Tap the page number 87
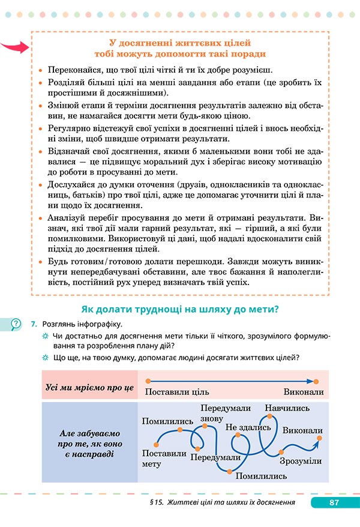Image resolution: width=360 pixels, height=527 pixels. point(335,502)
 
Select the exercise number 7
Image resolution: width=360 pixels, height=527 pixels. point(34,325)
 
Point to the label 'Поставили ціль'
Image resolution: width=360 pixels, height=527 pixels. point(177,392)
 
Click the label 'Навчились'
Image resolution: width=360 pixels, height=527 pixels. point(287,408)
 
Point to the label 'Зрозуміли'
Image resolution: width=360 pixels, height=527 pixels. point(300,461)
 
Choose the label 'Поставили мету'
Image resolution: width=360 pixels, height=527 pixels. point(164,458)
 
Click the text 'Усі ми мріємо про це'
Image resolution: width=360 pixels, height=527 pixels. point(89,387)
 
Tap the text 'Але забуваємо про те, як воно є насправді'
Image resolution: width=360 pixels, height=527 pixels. point(90,443)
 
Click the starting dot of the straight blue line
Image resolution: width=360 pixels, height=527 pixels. point(146,381)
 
